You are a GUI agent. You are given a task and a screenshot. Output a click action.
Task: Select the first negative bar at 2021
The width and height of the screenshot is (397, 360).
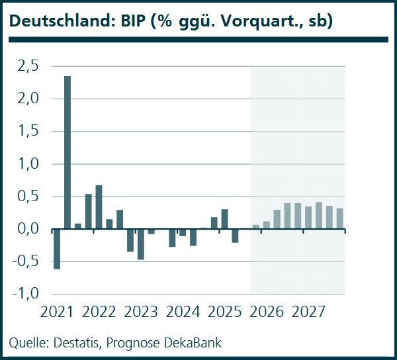[x=57, y=249]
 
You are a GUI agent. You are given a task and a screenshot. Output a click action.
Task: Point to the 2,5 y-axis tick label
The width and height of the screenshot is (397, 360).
[x=27, y=66]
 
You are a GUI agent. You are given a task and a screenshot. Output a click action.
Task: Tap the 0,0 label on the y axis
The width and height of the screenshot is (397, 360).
[x=27, y=230]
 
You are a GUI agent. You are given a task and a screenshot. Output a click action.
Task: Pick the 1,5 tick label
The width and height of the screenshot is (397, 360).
[x=27, y=131]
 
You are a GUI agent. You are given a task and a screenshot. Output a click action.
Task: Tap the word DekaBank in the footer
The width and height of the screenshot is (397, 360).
[x=193, y=343]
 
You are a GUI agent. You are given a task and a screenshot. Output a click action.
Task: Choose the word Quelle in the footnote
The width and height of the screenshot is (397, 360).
[x=26, y=343]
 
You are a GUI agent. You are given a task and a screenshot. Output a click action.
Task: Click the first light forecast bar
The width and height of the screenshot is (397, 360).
[x=256, y=227]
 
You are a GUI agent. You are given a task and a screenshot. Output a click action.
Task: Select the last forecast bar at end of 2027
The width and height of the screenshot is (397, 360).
[x=340, y=219]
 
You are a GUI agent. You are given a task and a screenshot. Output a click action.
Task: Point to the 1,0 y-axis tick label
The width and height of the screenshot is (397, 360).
[x=27, y=164]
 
